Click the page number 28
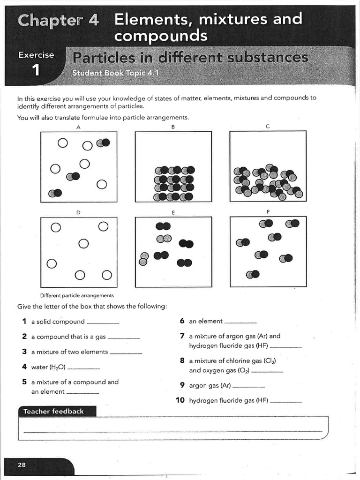[22, 465]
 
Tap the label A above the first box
[78, 127]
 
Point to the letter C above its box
[267, 126]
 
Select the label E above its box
[173, 213]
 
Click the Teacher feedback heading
[53, 411]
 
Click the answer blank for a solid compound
[103, 323]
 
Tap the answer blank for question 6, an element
[240, 323]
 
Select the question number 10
[180, 401]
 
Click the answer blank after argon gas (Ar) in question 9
[248, 387]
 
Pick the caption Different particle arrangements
[77, 296]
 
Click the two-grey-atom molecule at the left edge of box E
[144, 259]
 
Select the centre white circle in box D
[83, 244]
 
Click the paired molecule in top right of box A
[103, 143]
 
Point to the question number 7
[182, 336]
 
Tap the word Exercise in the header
[36, 55]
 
